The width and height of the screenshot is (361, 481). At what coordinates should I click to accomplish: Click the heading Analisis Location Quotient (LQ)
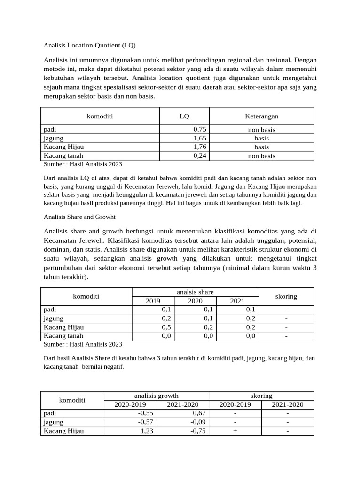(x=89, y=46)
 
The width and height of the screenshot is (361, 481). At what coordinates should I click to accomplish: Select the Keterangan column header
(x=261, y=116)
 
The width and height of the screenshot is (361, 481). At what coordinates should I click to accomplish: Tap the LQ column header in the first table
(x=185, y=116)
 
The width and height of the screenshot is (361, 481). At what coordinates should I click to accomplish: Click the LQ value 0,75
(x=200, y=129)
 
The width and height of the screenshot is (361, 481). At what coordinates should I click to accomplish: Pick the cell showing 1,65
(x=200, y=138)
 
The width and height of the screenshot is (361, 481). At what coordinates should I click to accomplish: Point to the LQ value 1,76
(x=200, y=147)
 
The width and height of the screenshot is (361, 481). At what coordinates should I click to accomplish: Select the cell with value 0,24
(x=200, y=156)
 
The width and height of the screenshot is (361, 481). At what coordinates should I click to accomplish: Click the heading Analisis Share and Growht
(x=79, y=217)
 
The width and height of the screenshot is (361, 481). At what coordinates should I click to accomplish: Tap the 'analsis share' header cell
(x=195, y=292)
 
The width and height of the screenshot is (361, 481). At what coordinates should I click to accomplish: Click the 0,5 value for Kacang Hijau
(x=166, y=327)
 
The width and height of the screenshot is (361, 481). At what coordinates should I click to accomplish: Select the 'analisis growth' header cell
(x=156, y=396)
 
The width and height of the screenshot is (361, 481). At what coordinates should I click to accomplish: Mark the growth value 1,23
(x=147, y=431)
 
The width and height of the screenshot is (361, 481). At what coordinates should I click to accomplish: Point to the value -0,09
(x=198, y=422)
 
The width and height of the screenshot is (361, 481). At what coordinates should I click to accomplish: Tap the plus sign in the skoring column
(x=235, y=431)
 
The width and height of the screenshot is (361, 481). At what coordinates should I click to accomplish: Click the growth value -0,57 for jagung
(x=145, y=422)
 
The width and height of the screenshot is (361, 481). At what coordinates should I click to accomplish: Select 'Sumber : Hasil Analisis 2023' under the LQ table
(x=83, y=164)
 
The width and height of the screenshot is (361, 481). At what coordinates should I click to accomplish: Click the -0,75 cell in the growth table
(x=198, y=431)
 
